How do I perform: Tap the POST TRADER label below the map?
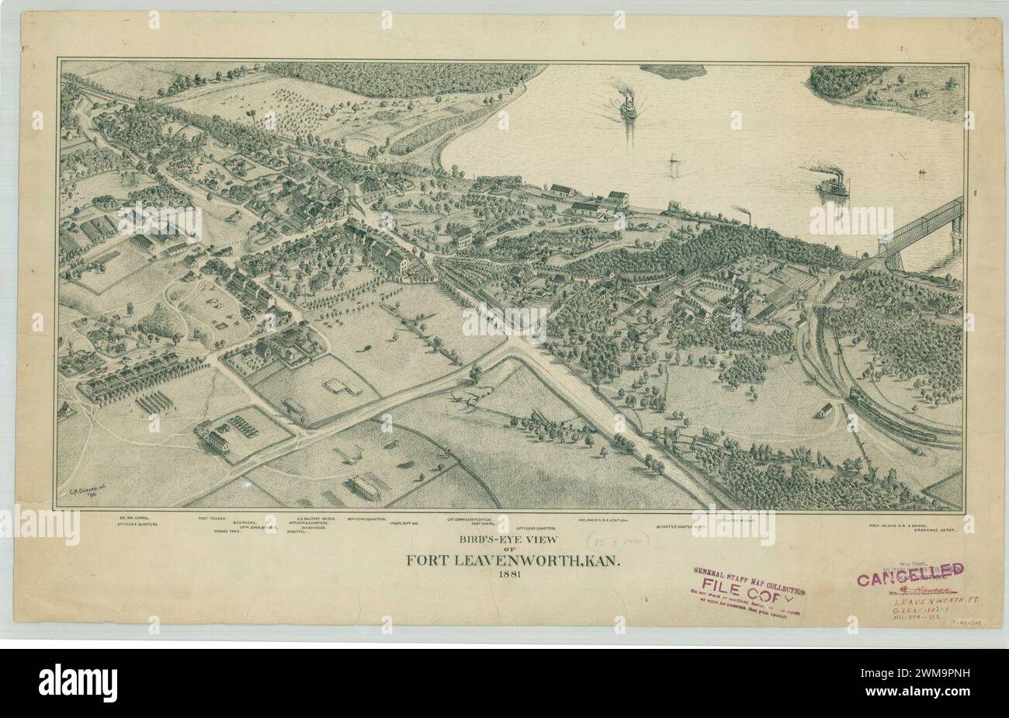(x=213, y=518)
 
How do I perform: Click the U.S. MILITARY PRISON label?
(x=317, y=518)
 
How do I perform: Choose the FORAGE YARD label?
(x=228, y=531)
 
